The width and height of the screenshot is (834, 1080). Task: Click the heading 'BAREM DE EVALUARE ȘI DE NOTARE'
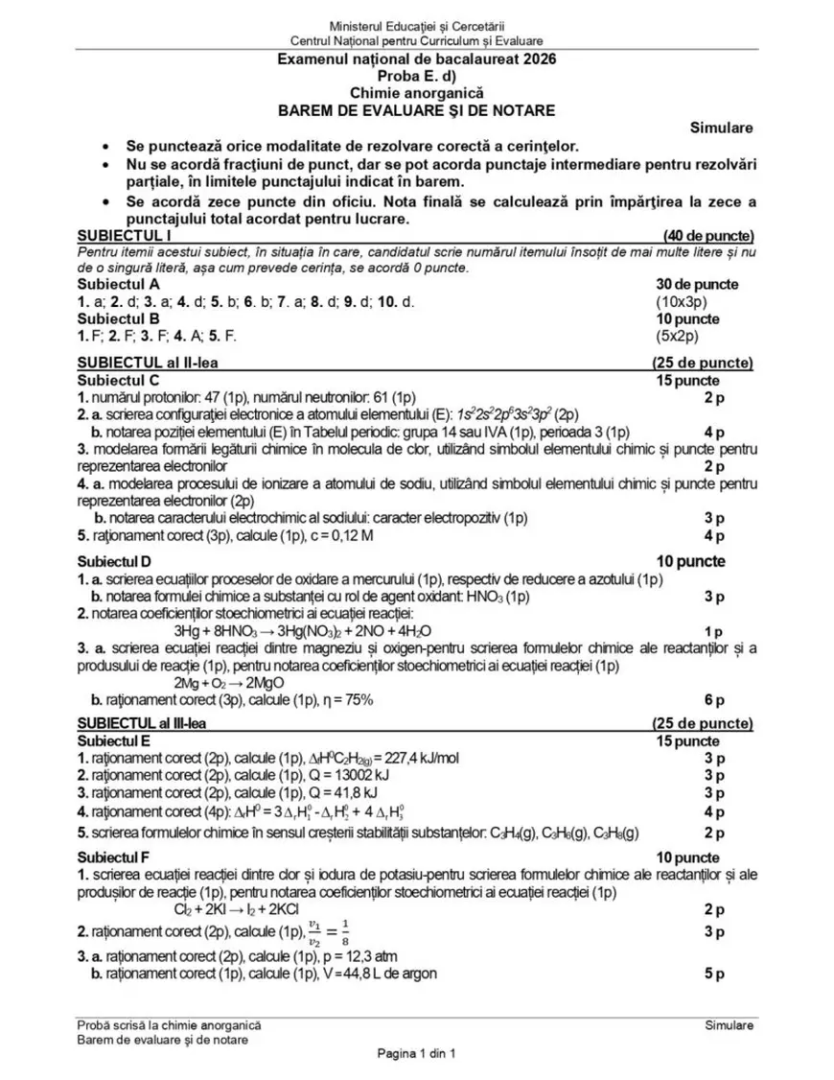pyautogui.click(x=416, y=110)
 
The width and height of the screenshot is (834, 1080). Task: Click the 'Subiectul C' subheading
pyautogui.click(x=118, y=380)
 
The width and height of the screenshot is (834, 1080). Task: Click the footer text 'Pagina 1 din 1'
pyautogui.click(x=417, y=1054)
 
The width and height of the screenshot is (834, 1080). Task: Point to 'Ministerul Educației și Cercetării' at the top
pyautogui.click(x=416, y=24)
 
